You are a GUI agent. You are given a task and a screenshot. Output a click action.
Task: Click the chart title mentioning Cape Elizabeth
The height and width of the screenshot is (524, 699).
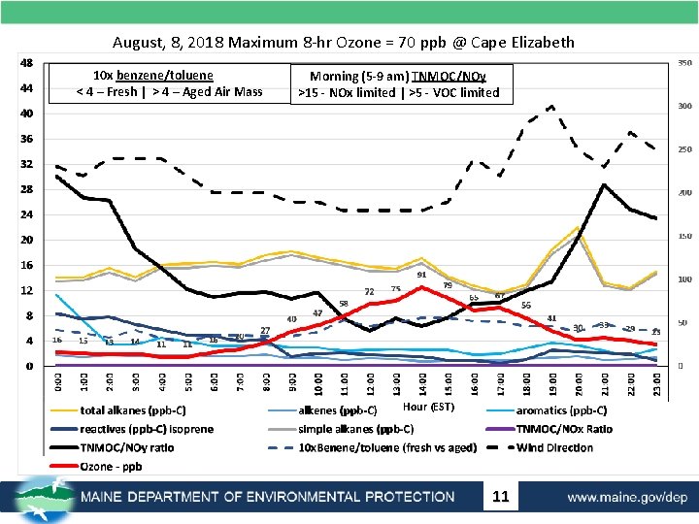[x=343, y=42]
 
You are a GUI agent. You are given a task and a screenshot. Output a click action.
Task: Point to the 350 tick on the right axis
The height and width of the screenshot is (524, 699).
[x=684, y=63]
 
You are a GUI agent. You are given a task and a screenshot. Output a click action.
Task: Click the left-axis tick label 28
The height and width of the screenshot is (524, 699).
[x=27, y=189]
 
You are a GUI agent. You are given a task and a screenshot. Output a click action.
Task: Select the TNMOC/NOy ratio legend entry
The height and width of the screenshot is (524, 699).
[x=126, y=448]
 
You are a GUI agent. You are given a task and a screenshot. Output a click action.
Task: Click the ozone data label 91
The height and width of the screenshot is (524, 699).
[x=422, y=276]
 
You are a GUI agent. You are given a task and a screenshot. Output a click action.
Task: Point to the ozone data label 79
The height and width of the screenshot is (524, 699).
[x=448, y=285]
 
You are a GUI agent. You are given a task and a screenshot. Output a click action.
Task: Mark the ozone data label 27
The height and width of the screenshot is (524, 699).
[x=265, y=331]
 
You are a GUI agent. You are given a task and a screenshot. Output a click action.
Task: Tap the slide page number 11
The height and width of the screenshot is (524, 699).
[x=501, y=497]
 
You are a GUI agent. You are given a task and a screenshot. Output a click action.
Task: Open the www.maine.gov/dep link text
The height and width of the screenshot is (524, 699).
[x=627, y=497]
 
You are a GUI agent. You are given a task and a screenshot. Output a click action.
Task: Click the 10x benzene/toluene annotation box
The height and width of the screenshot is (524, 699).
[x=170, y=84]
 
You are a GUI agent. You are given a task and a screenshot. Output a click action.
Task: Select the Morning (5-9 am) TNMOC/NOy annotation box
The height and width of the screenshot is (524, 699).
[x=398, y=84]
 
